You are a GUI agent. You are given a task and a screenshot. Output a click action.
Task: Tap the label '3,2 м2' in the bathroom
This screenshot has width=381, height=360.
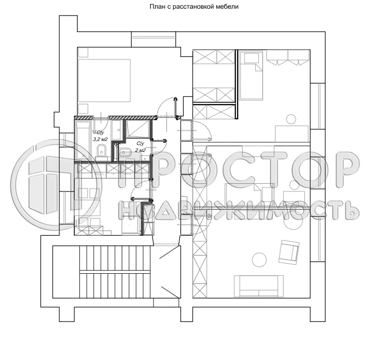coord(100,139)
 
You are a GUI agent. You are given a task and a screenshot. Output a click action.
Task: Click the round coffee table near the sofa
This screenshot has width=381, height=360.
coord(259,260)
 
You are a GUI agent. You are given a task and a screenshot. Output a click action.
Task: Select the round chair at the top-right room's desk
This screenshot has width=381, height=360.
coord(291,118)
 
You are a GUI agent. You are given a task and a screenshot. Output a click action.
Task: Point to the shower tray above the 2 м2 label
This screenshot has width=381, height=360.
coord(138,129)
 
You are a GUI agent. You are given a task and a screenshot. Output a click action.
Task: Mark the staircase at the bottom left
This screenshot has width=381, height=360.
coord(102,272)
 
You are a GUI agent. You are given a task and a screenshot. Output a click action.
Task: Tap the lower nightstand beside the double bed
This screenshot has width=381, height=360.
coord(83,109)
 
